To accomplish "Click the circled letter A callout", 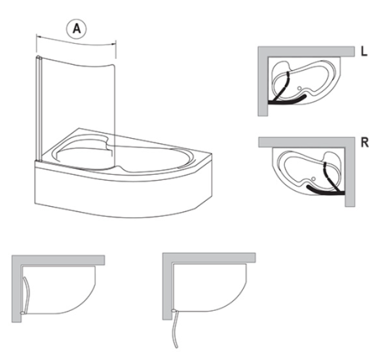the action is (77, 29).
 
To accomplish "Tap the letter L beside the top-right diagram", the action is (364, 51).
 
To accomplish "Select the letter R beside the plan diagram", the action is (365, 143).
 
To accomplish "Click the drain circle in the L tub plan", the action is (299, 88).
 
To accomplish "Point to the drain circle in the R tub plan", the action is (314, 179).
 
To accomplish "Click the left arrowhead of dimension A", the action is (38, 37).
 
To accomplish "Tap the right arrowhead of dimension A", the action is (114, 44).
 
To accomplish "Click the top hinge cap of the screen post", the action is (39, 57).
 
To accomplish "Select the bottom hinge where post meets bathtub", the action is (39, 160).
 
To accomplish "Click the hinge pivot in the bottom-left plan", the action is (22, 313).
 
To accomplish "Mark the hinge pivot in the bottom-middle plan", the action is (174, 310).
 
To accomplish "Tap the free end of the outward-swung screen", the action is (176, 347).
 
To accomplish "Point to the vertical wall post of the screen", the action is (39, 109).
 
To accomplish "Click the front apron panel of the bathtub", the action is (121, 194).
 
